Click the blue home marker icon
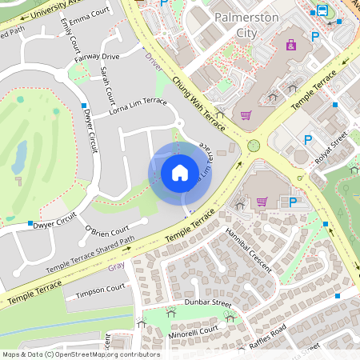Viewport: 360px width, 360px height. point(180,172)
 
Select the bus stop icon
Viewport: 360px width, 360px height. point(322,10)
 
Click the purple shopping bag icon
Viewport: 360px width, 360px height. point(291,45)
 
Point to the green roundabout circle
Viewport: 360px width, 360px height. point(254,145)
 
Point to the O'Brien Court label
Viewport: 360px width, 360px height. point(106,233)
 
